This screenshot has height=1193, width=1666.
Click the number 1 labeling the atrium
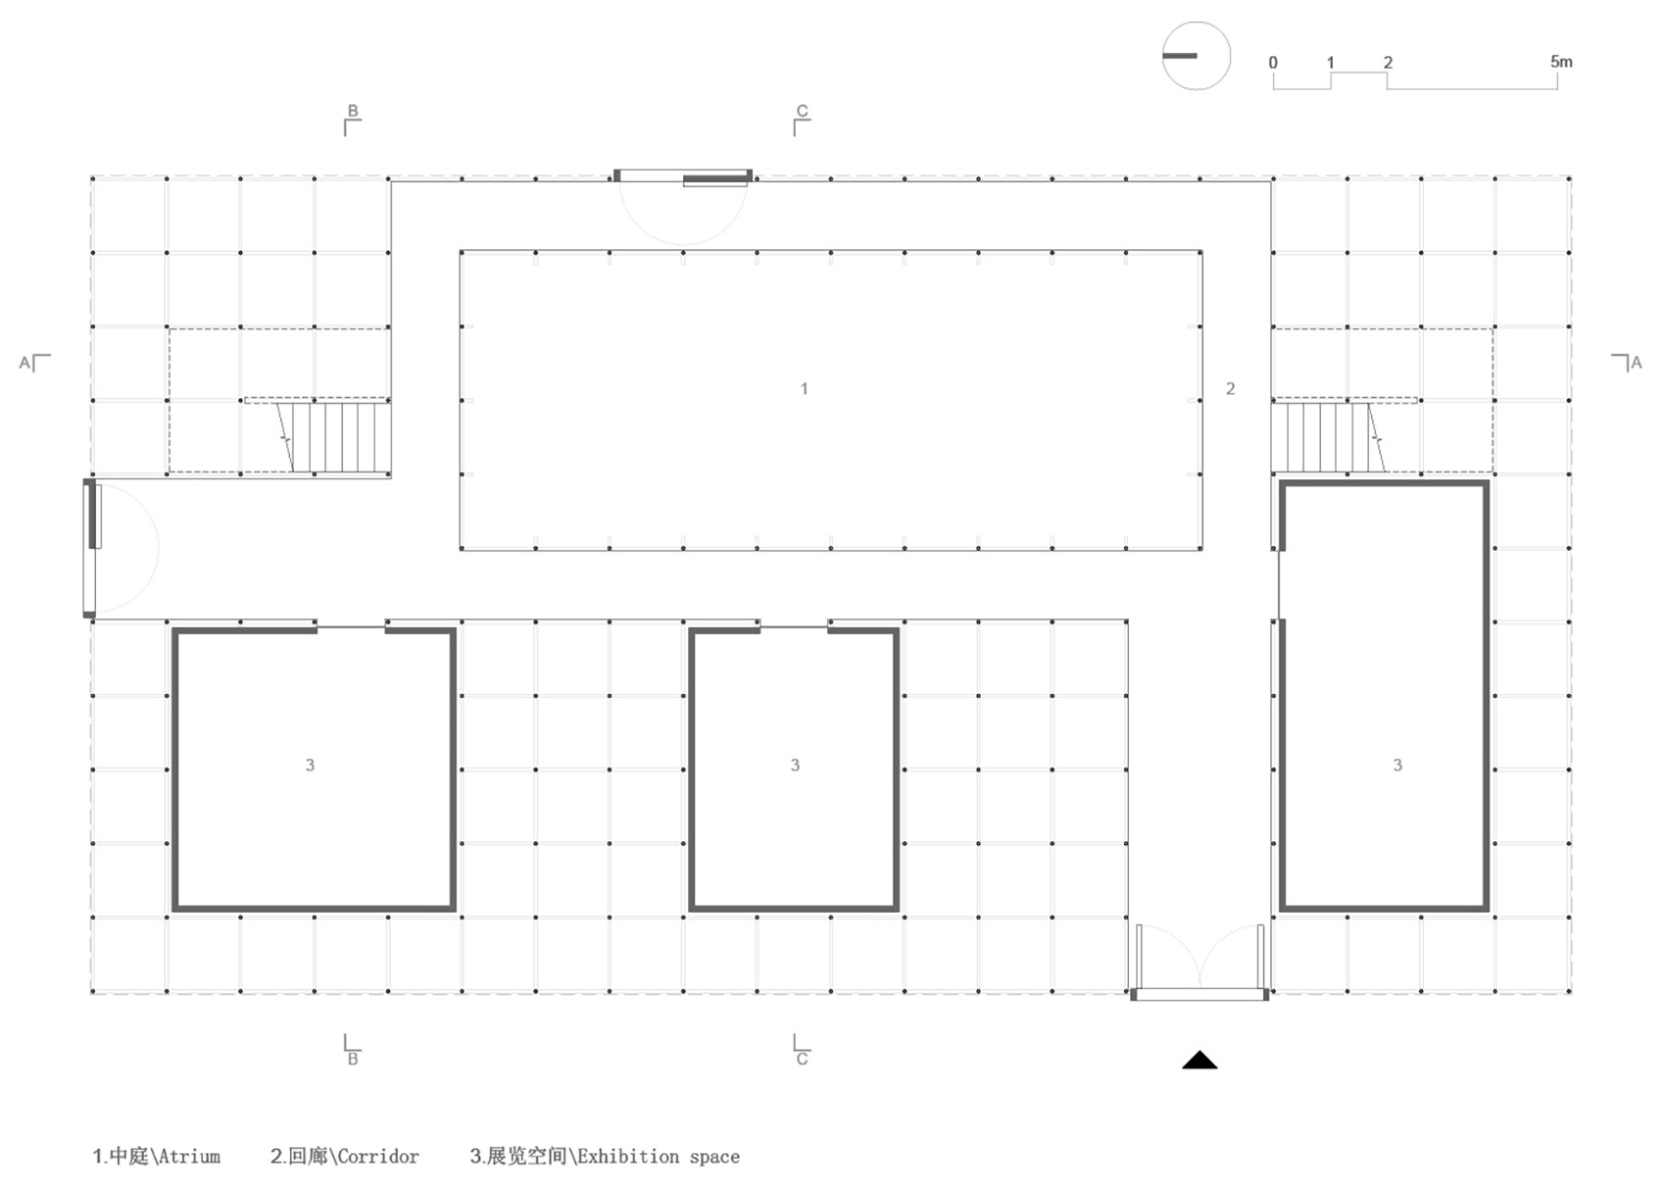pyautogui.click(x=804, y=388)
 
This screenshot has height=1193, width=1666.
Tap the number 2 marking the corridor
pyautogui.click(x=1230, y=388)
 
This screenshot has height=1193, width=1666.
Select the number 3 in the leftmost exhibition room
pyautogui.click(x=310, y=765)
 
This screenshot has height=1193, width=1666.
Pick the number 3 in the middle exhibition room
pyautogui.click(x=795, y=765)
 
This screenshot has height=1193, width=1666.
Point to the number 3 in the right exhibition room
pyautogui.click(x=1397, y=765)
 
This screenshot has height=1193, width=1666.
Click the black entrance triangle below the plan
pyautogui.click(x=1200, y=1061)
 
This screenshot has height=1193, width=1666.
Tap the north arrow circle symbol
pyautogui.click(x=1196, y=56)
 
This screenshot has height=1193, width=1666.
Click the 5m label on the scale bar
pyautogui.click(x=1561, y=62)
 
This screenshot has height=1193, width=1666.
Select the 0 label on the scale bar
pyautogui.click(x=1273, y=63)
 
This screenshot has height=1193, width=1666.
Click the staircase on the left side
pyautogui.click(x=334, y=436)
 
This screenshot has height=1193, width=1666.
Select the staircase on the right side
pyautogui.click(x=1328, y=436)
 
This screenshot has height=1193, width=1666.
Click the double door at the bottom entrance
pyautogui.click(x=1200, y=963)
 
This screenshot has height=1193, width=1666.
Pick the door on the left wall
pyautogui.click(x=120, y=548)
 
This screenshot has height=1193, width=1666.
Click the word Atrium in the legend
pyautogui.click(x=189, y=1157)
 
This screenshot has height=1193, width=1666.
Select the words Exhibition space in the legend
pyautogui.click(x=659, y=1157)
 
